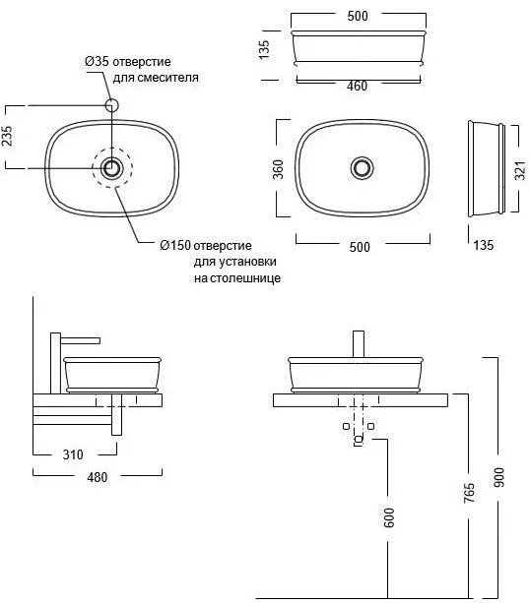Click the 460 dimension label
coord(357,87)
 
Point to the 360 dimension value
coord(278,169)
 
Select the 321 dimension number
coord(520,171)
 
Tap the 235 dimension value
coord(7,136)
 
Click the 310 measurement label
coord(73,454)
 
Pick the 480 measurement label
coord(97,477)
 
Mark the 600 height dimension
coord(389,517)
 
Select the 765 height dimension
coord(469,493)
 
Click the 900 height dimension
coord(498,477)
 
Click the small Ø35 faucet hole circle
coord(111,105)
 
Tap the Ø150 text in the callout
coord(175,245)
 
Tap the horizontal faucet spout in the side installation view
coord(81,340)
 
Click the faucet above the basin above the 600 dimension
coord(359,344)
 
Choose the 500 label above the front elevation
coord(358,16)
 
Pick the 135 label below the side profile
coord(483,245)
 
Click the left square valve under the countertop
coord(346,426)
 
